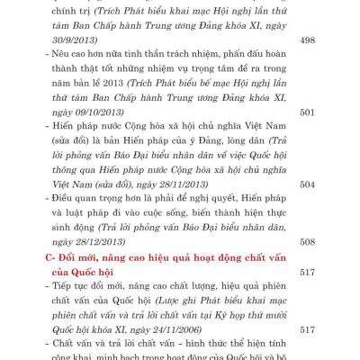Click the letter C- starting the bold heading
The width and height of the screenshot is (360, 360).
click(52, 256)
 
